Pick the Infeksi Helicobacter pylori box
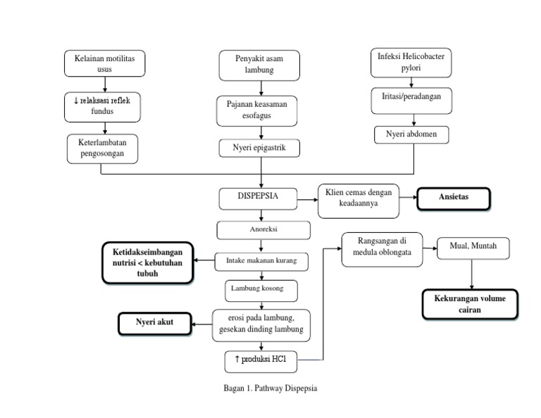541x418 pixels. click(x=411, y=63)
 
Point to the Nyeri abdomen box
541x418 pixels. click(x=411, y=134)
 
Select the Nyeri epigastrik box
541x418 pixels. click(x=261, y=148)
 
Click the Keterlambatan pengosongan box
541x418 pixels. click(x=103, y=148)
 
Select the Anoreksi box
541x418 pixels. click(x=263, y=230)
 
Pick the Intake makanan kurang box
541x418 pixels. click(x=261, y=261)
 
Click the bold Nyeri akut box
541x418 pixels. click(x=154, y=324)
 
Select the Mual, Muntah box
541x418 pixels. click(x=472, y=248)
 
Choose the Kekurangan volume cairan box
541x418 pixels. click(x=470, y=304)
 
